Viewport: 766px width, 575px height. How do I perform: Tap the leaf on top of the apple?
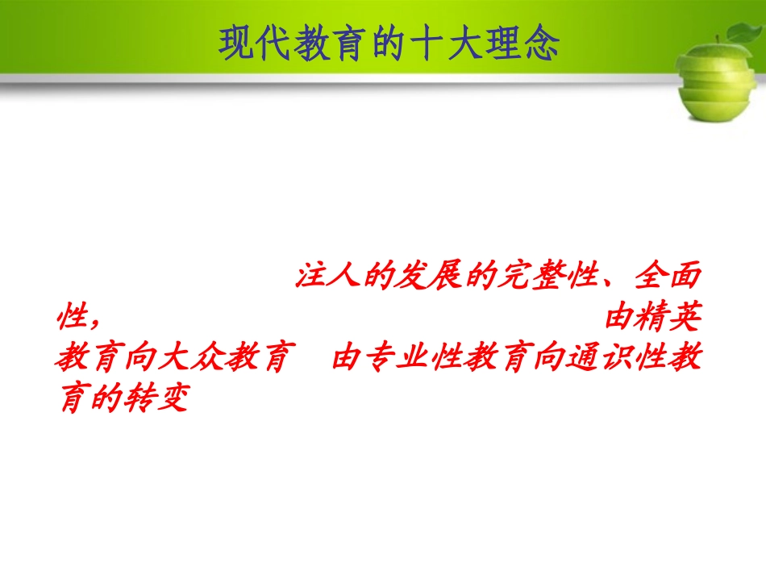click(x=742, y=32)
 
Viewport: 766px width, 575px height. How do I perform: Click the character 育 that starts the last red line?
click(x=71, y=399)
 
